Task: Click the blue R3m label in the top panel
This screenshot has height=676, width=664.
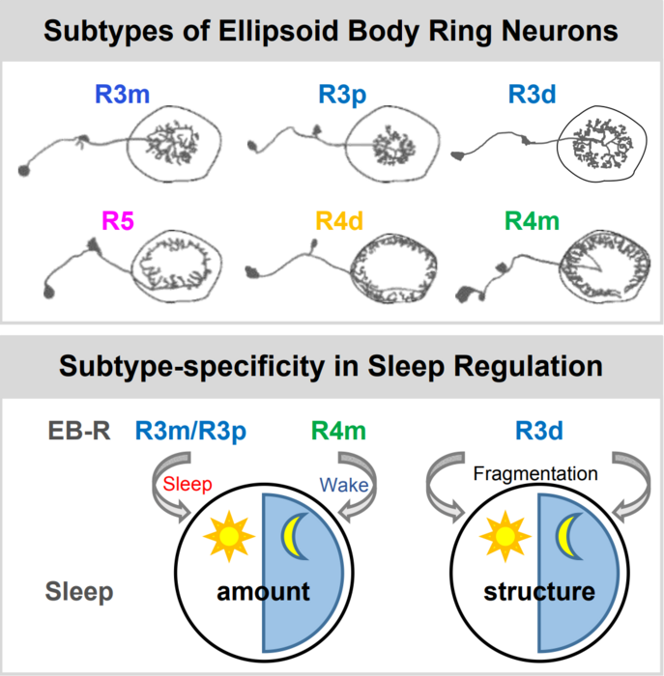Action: (124, 96)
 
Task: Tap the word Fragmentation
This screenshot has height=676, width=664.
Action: (536, 473)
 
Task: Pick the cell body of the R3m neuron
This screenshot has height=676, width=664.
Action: (25, 171)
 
